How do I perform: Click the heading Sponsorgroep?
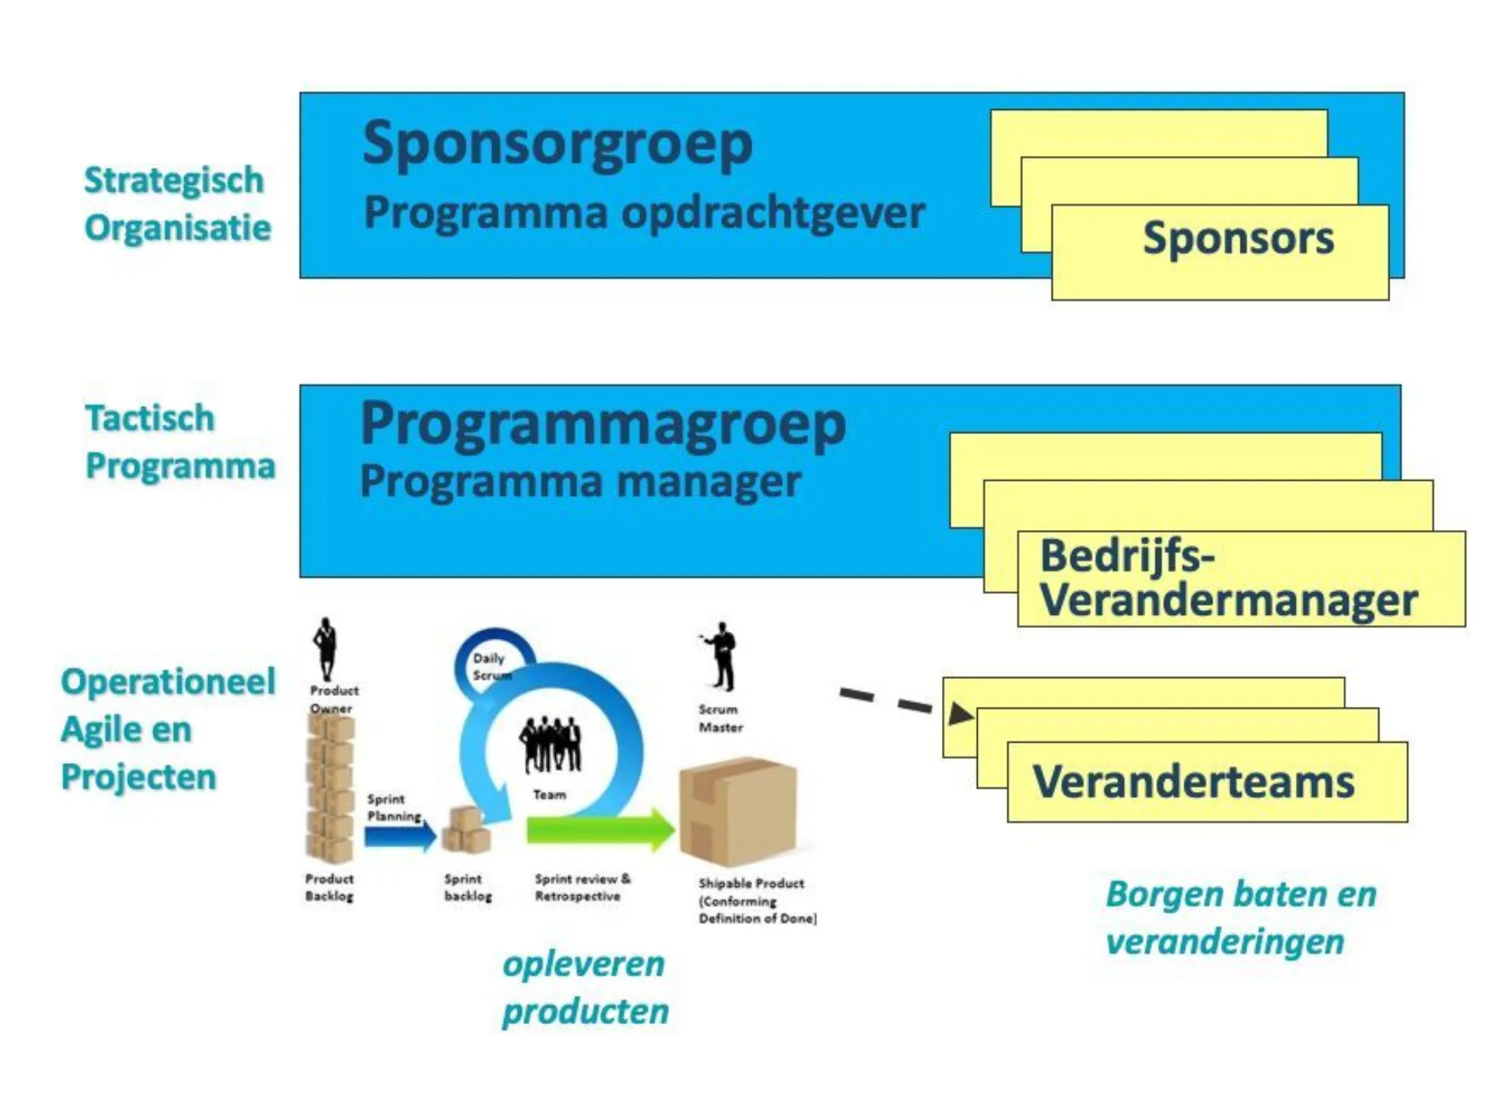557,145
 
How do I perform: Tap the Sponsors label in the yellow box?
1237,238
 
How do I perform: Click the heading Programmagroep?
603,425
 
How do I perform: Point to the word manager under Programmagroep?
709,481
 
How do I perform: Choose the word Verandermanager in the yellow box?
1228,600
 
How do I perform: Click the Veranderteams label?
1193,781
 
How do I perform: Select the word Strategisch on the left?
174,180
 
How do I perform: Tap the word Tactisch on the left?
150,418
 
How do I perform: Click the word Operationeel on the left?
168,681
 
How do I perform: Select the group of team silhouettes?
551,744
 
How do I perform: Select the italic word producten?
585,1012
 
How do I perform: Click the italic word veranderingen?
1225,941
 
